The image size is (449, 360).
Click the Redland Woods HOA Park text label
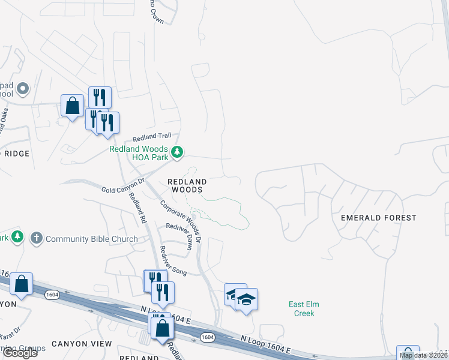tap(138, 154)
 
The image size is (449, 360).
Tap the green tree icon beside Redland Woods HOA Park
tap(177, 152)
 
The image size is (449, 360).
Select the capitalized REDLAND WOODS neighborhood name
tap(187, 185)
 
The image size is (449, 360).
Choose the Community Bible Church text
tap(92, 239)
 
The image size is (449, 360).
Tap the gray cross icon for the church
tap(36, 238)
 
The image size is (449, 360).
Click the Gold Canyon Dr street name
tap(124, 185)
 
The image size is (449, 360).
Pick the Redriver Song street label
tap(173, 262)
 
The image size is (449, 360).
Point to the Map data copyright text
tap(424, 355)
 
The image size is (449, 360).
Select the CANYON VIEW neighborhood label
tap(82, 344)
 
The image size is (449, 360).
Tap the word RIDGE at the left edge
tap(16, 154)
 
